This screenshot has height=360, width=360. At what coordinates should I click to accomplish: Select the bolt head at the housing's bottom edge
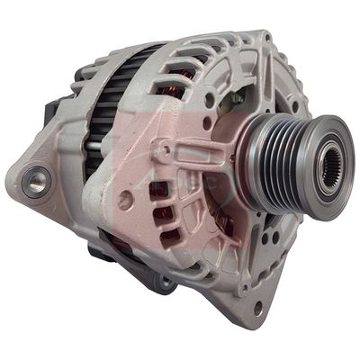(164, 284)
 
